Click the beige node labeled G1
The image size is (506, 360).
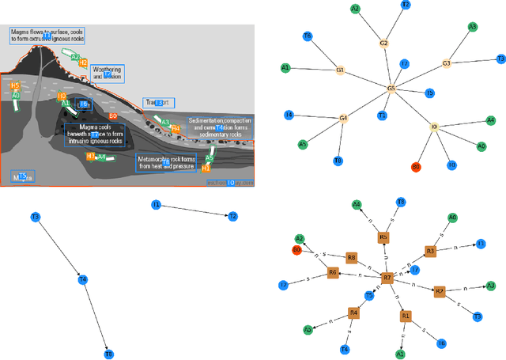[341, 70]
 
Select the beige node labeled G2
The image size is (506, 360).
[384, 43]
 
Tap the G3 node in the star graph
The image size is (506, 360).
[446, 63]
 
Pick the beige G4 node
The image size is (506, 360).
[343, 119]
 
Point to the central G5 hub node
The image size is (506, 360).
[391, 89]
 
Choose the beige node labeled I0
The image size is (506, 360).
[434, 125]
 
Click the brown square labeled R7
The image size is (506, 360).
[387, 279]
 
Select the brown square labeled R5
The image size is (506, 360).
[383, 237]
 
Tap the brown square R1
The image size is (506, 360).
[406, 316]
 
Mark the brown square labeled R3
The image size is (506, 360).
[430, 251]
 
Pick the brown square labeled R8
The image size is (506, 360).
[351, 257]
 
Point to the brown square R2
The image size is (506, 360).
[440, 291]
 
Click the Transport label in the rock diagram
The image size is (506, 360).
[158, 103]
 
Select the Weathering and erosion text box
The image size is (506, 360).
[107, 74]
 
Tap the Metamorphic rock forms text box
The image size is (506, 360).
[167, 161]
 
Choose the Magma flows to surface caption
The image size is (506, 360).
[47, 35]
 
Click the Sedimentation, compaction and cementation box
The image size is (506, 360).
[218, 127]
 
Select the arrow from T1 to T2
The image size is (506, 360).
[194, 210]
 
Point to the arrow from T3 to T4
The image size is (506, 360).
[59, 248]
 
